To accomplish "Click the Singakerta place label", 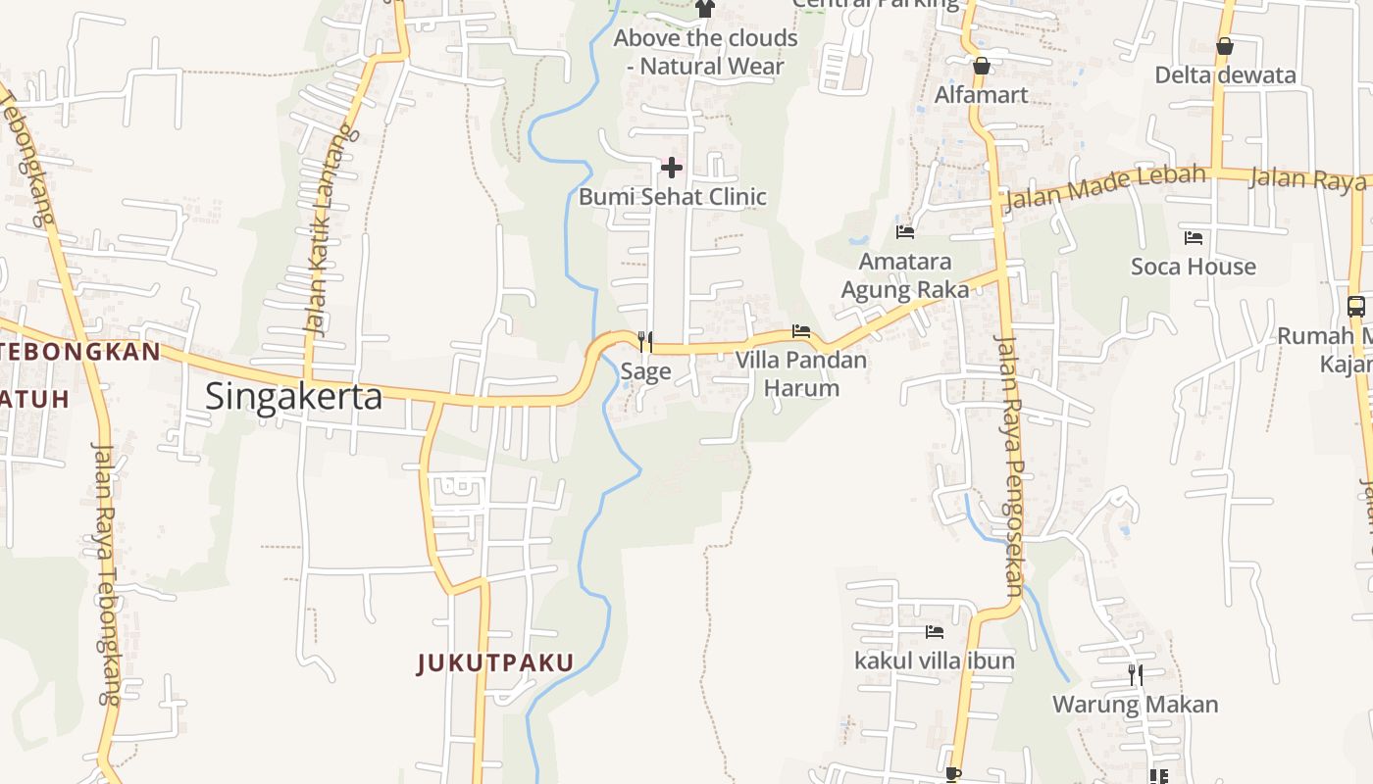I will point(293,396).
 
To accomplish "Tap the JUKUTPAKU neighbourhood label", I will point(495,663).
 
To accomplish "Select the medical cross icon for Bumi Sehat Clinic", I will point(672,167).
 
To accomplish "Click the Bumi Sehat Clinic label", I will point(672,197).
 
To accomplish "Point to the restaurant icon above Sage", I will point(645,341).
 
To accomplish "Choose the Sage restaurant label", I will point(645,370).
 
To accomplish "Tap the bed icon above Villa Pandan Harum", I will point(801,331).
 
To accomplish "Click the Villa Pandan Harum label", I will point(801,373).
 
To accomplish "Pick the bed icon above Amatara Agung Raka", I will point(905,232).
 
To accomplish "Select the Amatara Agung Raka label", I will point(905,275).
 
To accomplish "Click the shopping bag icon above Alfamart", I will point(981,66).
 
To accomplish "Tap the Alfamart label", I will point(981,95).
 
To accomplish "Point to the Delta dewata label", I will point(1225,75).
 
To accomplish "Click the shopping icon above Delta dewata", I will point(1225,46).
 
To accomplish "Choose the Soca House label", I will point(1194,267).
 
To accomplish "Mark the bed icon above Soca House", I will point(1194,237).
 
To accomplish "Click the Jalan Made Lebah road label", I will point(1104,188).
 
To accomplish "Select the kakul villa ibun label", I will point(935,661).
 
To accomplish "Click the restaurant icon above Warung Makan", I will point(1136,674).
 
